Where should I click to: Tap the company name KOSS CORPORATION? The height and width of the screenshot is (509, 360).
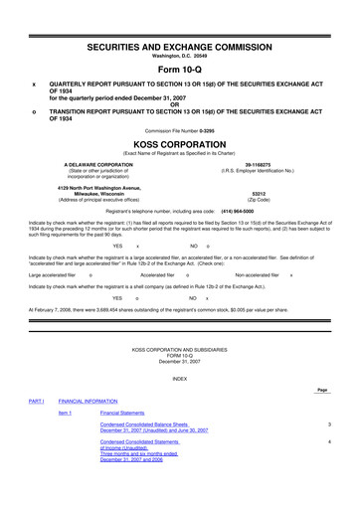coord(180,143)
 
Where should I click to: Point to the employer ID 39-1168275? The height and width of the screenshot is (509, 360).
coord(259,161)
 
